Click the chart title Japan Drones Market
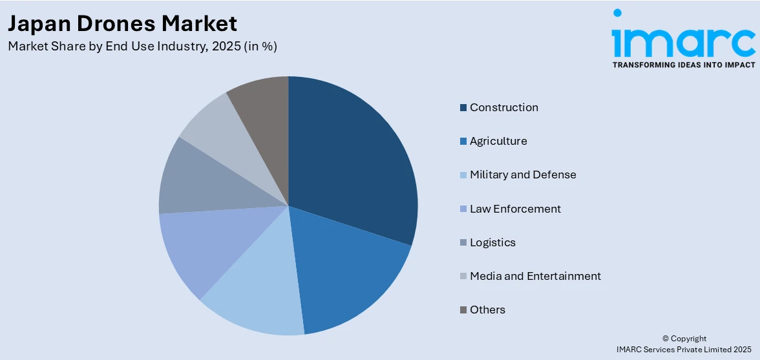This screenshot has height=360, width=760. tap(122, 24)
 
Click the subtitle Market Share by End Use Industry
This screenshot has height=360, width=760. tap(142, 47)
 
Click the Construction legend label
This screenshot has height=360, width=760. tap(503, 107)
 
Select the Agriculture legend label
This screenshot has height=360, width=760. tap(498, 141)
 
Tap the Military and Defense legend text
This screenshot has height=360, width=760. tap(523, 175)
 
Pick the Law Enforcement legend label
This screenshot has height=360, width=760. tap(515, 209)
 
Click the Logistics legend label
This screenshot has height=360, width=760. tap(492, 242)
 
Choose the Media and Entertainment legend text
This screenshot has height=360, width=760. tap(535, 276)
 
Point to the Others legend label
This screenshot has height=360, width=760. tap(487, 310)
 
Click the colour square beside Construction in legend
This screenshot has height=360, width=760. tap(463, 108)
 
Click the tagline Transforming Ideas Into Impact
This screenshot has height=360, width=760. tap(683, 65)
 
